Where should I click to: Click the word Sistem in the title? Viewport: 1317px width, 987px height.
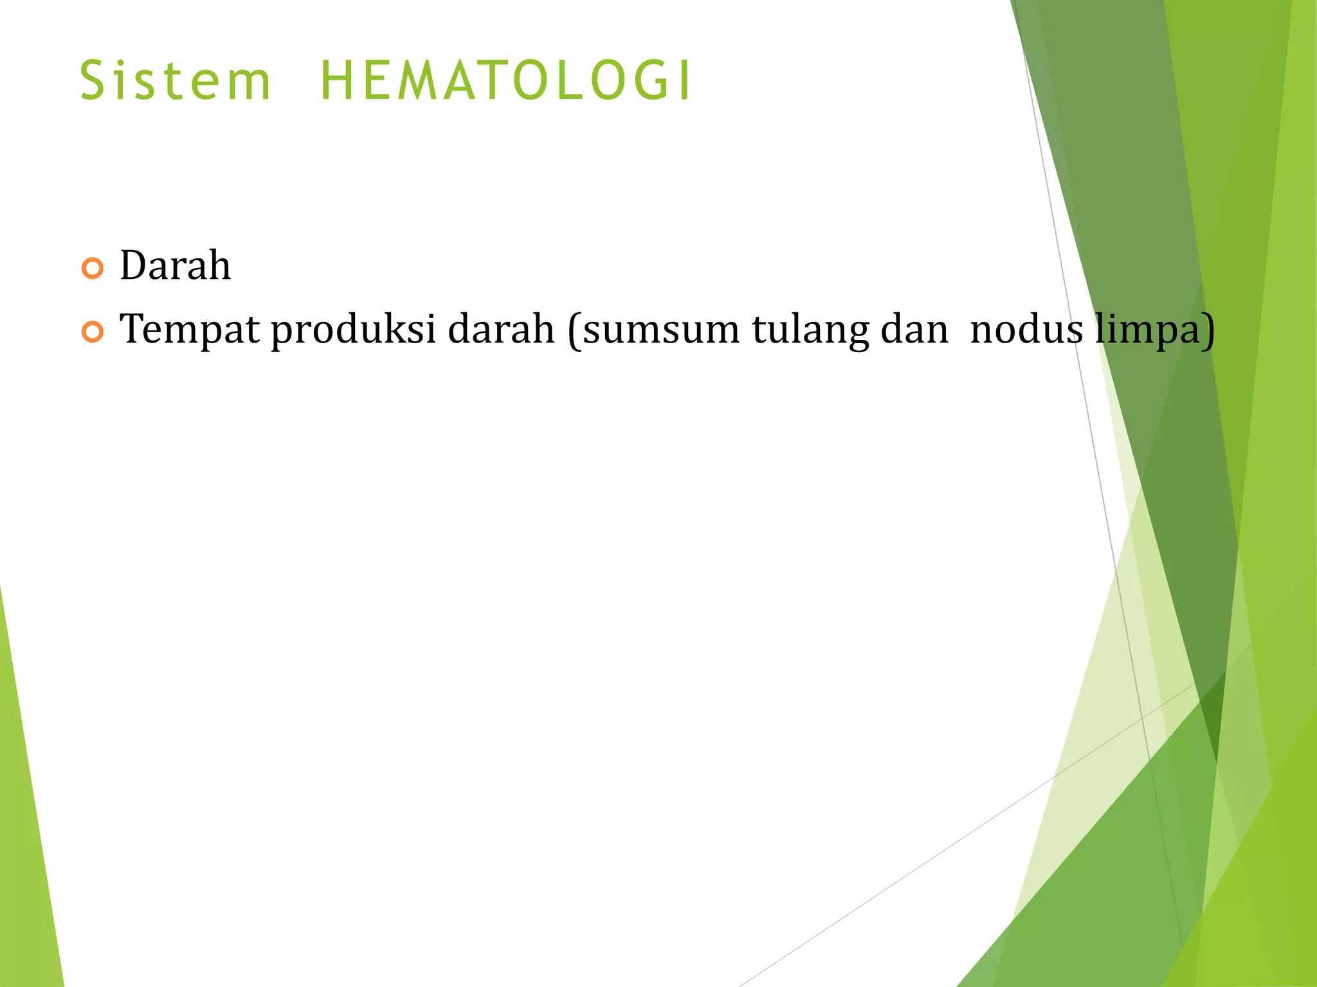(x=175, y=82)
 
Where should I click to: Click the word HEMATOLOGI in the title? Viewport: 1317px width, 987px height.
(x=505, y=82)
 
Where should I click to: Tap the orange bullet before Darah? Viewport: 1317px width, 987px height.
(x=93, y=268)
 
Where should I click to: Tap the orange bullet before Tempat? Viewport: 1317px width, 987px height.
(x=93, y=332)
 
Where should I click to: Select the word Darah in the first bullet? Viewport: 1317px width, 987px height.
(x=175, y=265)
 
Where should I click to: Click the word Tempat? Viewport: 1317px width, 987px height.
(x=190, y=330)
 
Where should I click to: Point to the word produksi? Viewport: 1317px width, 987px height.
(x=353, y=330)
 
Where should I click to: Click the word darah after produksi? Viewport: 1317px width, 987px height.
(x=500, y=328)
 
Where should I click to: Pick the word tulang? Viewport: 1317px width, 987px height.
(x=809, y=330)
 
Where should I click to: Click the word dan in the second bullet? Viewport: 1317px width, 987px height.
(x=914, y=328)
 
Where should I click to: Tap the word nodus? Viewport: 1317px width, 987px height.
(x=1026, y=328)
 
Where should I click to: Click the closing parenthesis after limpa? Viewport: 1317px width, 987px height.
(x=1208, y=330)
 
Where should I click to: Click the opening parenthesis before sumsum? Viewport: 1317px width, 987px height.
(x=574, y=330)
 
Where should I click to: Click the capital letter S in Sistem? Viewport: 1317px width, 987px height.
(x=93, y=82)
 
